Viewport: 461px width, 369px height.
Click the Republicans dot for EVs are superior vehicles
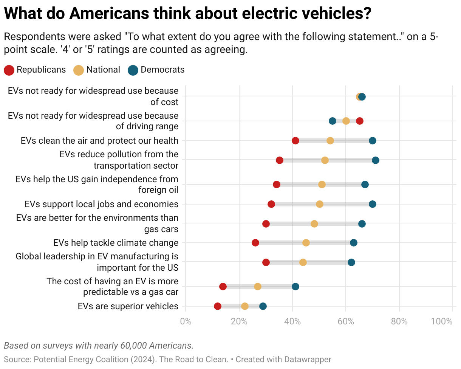tap(218, 306)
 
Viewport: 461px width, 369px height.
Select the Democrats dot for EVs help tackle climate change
tap(354, 243)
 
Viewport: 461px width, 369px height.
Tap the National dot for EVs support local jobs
tap(320, 204)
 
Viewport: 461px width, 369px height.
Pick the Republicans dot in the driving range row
tap(360, 121)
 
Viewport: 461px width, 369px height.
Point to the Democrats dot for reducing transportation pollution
tap(376, 160)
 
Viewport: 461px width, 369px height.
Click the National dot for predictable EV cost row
tap(258, 287)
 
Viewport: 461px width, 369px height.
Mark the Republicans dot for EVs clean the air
tap(295, 141)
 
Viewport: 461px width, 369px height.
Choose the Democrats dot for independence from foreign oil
tap(365, 184)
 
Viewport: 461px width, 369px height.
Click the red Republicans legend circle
tap(9, 70)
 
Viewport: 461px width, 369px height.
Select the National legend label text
tap(103, 70)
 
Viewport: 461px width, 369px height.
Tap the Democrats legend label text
tap(162, 70)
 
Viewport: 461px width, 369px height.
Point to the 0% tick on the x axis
tap(186, 322)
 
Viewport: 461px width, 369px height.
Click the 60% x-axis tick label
tap(346, 322)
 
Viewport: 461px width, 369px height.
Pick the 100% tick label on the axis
tap(442, 322)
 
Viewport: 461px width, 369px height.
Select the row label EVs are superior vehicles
tap(128, 306)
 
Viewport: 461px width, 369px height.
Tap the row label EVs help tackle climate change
tap(116, 243)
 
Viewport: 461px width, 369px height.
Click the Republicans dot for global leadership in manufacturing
tap(266, 262)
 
